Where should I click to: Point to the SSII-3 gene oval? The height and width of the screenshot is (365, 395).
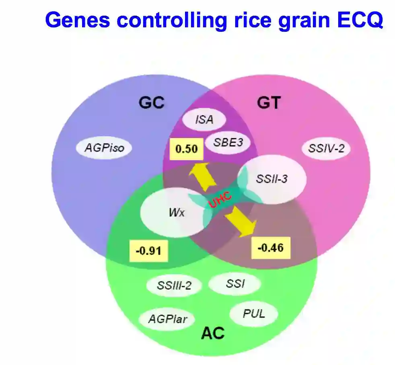tap(272, 179)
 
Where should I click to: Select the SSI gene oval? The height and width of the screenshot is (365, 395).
tap(235, 284)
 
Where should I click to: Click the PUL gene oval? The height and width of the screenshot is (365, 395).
tap(254, 314)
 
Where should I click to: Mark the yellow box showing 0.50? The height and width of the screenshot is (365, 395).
tap(187, 149)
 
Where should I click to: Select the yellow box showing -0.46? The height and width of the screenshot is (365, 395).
tap(270, 247)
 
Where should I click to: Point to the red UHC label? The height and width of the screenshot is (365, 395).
tap(220, 200)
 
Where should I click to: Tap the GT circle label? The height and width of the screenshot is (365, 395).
tap(268, 103)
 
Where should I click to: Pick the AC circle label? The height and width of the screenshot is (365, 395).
tap(213, 333)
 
